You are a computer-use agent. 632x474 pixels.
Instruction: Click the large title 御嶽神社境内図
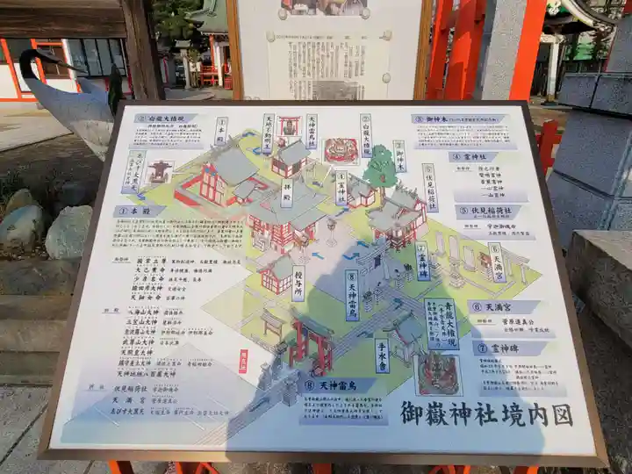pos(486,413)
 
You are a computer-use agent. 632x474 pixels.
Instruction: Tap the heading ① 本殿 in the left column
pos(134,211)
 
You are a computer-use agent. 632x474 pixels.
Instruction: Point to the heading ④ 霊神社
pos(474,156)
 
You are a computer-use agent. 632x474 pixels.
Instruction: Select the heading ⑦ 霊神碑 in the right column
pos(508,348)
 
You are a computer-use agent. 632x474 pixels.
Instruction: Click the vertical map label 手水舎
pos(381,355)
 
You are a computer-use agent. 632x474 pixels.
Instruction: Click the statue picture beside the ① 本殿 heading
pos(158,169)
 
